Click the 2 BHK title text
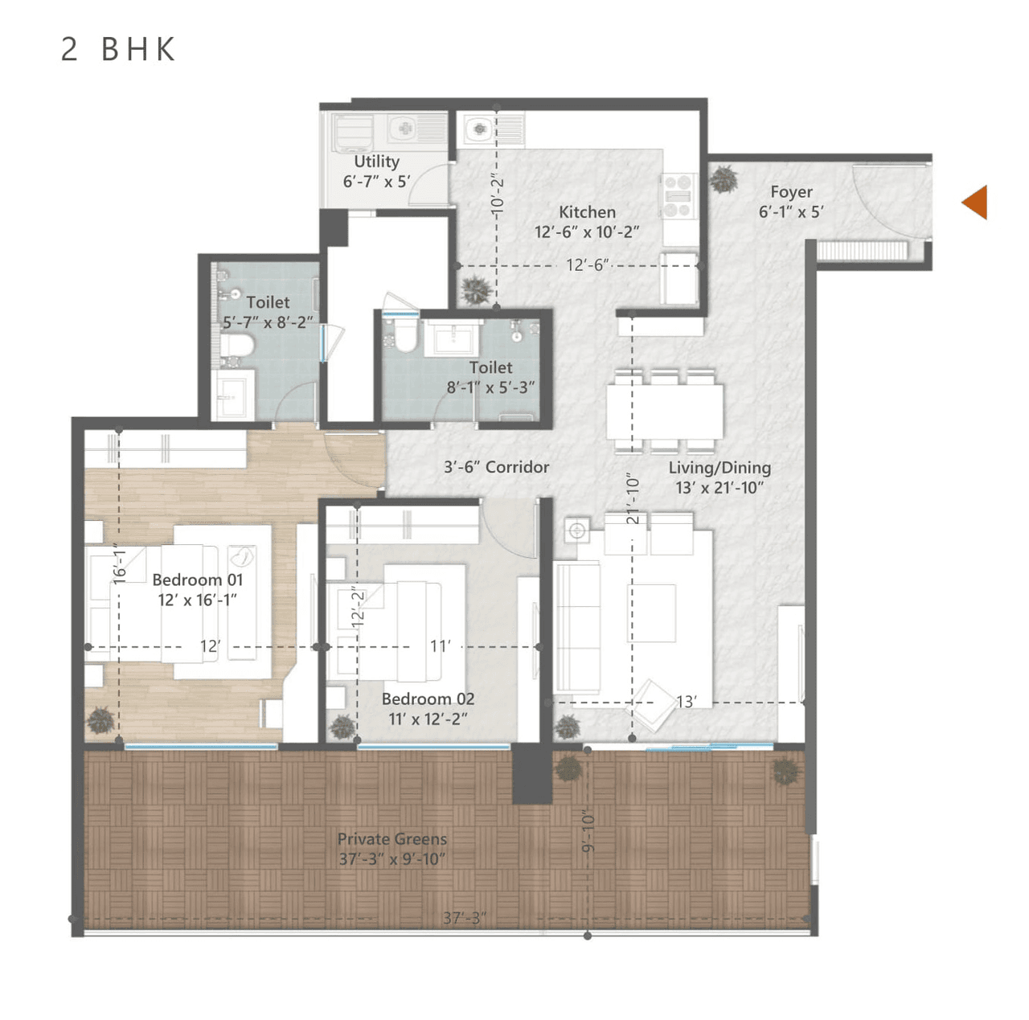click(118, 50)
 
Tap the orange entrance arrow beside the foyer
click(975, 202)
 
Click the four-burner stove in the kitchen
click(678, 195)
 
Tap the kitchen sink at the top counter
click(479, 129)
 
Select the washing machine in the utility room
click(352, 133)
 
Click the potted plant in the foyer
click(724, 179)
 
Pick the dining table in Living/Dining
click(665, 412)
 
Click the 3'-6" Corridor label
click(496, 467)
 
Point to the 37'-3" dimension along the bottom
click(464, 918)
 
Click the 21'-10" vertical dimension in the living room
click(633, 498)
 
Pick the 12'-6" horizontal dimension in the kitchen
click(588, 265)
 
